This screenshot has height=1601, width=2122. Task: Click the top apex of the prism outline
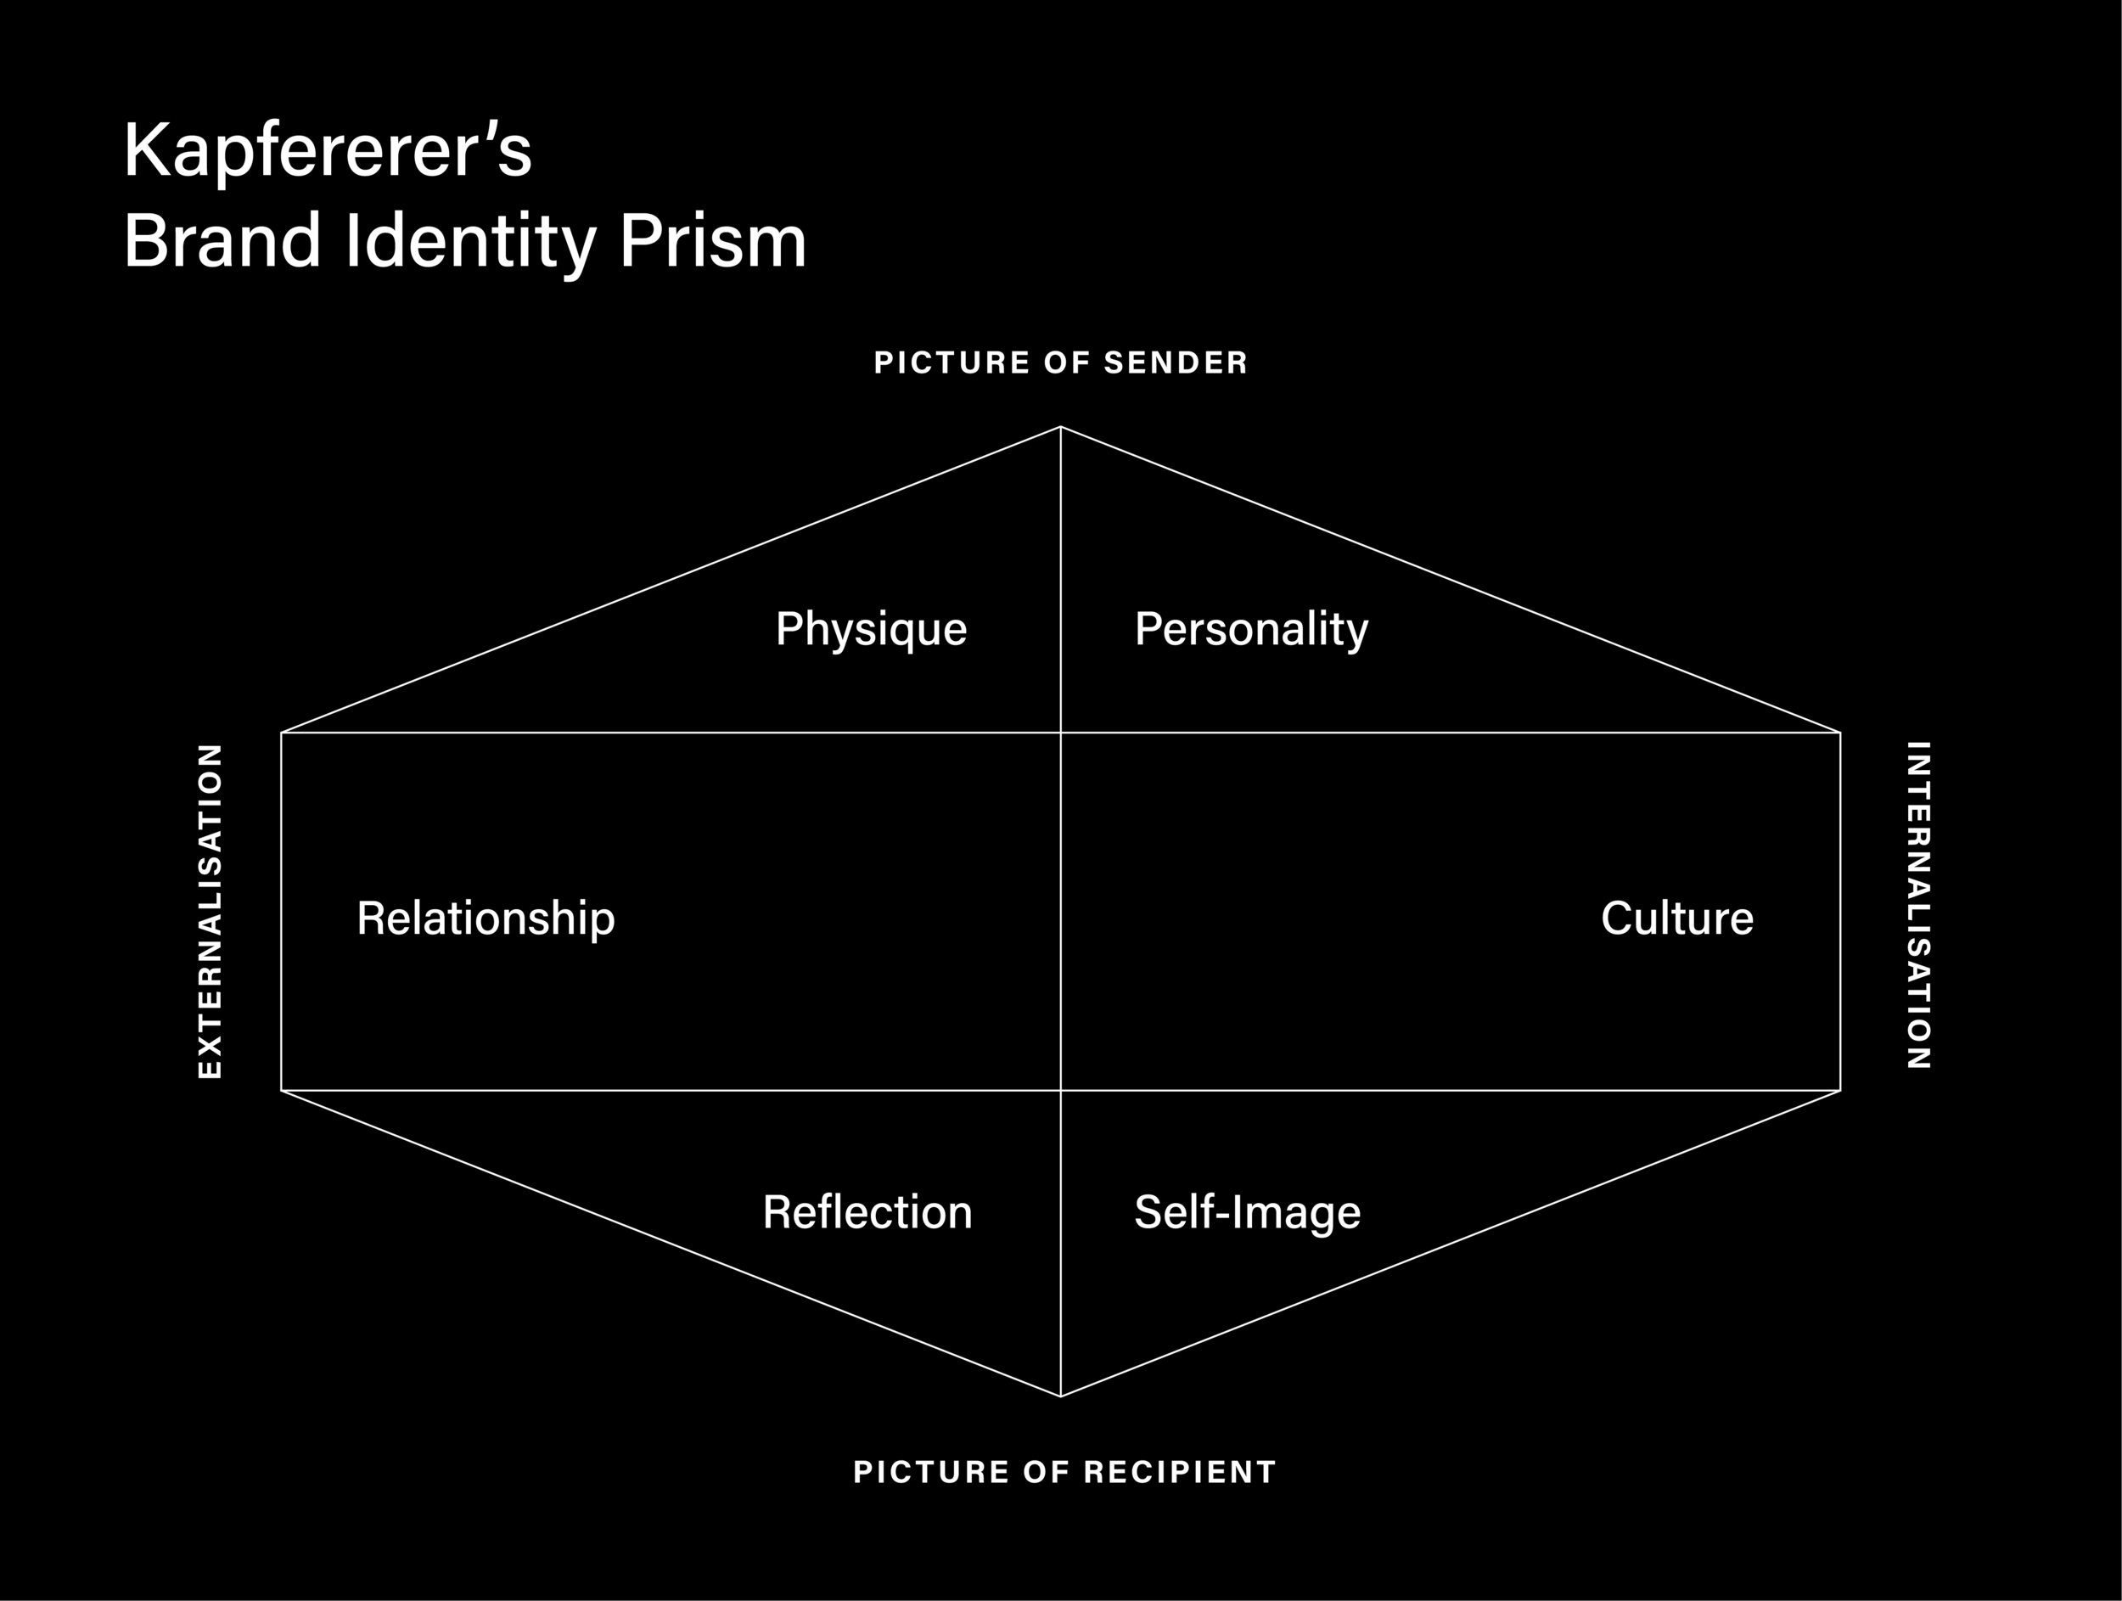1060,427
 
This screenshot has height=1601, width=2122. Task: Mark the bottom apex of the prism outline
1060,1396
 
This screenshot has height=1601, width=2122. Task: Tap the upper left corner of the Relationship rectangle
281,733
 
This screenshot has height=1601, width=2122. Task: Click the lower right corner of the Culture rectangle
1840,1091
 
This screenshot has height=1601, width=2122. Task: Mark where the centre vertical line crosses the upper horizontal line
1060,733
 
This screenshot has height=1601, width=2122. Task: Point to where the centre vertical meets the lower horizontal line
1060,1091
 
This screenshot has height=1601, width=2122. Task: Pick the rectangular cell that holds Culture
1451,912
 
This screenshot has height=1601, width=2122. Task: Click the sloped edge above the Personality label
1451,580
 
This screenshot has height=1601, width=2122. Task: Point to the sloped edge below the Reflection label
671,1244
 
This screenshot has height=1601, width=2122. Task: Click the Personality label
1251,630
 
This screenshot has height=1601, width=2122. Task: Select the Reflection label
867,1211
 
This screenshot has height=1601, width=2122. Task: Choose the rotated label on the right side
1917,905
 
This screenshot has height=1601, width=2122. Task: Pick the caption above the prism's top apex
1060,362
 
